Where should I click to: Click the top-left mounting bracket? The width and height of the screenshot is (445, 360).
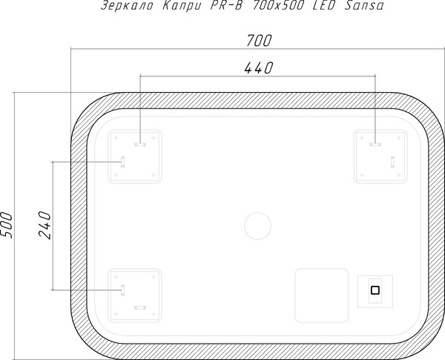pos(135,157)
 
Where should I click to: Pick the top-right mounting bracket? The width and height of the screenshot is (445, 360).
pos(380,157)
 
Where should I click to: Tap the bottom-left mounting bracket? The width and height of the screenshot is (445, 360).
pos(135,292)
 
